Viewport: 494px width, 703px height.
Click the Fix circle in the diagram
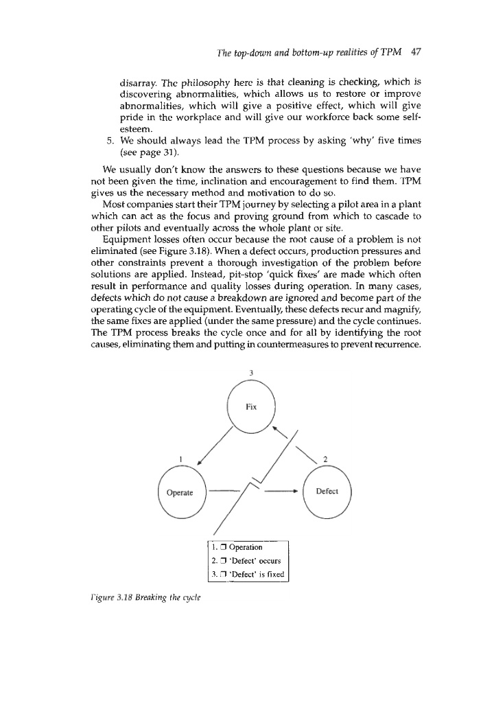click(x=251, y=406)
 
